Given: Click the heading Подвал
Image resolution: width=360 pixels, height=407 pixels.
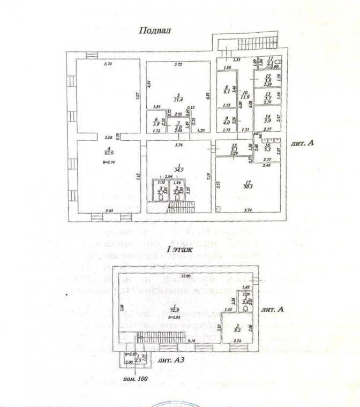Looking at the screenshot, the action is tap(155, 31).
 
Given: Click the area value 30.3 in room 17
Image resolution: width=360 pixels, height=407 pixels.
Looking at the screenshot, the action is tap(246, 186).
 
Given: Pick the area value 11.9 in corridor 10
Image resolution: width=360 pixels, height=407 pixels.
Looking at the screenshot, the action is tap(245, 97).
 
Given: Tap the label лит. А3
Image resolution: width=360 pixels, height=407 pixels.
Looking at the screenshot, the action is tap(172, 361).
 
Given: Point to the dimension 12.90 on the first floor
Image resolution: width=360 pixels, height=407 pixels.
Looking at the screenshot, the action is tap(186, 276).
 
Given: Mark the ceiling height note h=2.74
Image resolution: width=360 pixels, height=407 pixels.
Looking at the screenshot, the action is tap(95, 161).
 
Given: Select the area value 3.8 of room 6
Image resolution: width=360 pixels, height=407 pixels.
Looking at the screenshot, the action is tap(156, 122).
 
